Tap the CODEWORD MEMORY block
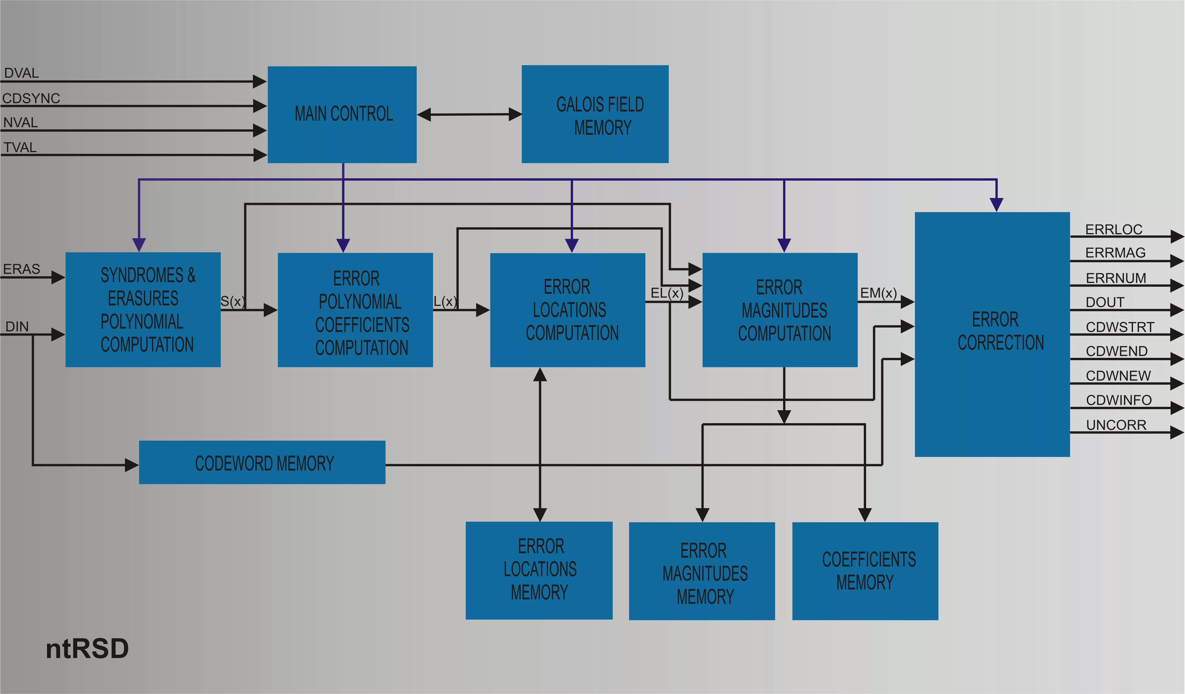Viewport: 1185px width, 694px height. (x=262, y=463)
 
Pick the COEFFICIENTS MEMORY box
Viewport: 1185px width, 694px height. (x=865, y=571)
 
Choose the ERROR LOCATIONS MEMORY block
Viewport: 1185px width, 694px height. (x=539, y=570)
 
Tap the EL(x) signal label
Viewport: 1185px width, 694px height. (x=666, y=293)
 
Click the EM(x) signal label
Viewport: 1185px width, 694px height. (x=878, y=293)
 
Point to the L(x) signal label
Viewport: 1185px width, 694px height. (x=444, y=301)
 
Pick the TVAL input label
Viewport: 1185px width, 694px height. (x=20, y=148)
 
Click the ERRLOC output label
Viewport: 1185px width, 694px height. (x=1114, y=230)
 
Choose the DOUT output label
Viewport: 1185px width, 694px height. (x=1104, y=302)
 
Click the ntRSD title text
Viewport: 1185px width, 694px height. (x=87, y=649)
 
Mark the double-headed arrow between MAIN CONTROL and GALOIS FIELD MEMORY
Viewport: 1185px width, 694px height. (x=469, y=114)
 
